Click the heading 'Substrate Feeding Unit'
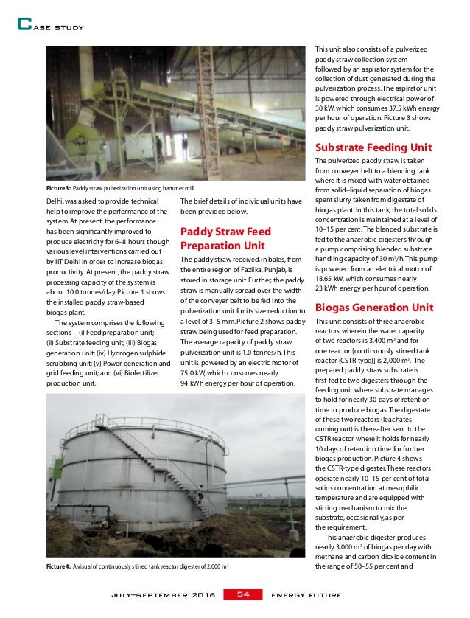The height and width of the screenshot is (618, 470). (373, 147)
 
